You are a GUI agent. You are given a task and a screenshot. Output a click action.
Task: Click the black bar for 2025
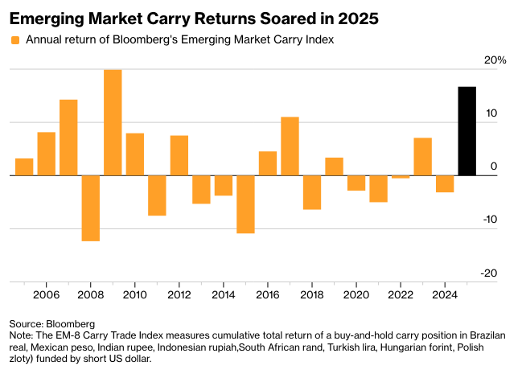(x=467, y=131)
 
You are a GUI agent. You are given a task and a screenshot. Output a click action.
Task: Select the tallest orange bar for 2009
(x=113, y=122)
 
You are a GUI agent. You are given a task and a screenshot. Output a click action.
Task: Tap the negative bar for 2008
(x=90, y=208)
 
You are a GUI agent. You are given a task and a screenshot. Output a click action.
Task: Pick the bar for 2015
(x=245, y=203)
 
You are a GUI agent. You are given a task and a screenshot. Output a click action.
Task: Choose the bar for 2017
(x=290, y=146)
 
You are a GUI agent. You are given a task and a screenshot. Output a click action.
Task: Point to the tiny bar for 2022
(x=401, y=177)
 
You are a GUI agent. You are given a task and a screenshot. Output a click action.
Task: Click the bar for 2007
(x=68, y=138)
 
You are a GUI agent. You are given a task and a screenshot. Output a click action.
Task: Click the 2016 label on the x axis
(x=268, y=294)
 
